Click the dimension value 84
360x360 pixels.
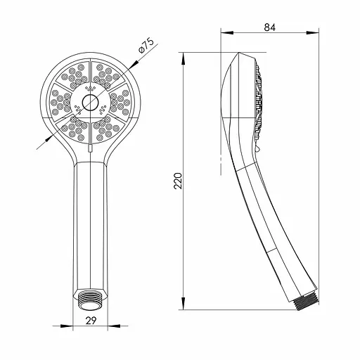click(x=269, y=27)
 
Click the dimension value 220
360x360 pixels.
click(x=178, y=181)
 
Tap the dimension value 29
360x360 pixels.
click(x=91, y=321)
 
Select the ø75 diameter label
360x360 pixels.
click(x=146, y=46)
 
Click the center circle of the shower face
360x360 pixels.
click(x=90, y=103)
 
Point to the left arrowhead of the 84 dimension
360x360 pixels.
click(x=227, y=32)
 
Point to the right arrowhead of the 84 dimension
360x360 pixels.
click(x=312, y=32)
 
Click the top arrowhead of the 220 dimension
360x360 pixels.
click(x=184, y=58)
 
